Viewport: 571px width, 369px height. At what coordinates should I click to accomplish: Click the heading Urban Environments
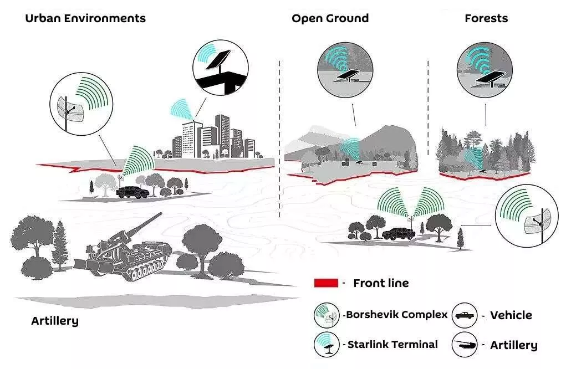click(x=85, y=18)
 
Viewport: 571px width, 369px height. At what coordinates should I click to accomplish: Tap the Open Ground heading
click(x=330, y=18)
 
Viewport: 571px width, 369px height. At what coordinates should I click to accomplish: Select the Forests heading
click(x=486, y=18)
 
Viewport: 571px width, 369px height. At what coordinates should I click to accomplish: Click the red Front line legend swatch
click(x=326, y=283)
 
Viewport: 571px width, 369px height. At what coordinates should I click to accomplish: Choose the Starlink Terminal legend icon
click(x=327, y=344)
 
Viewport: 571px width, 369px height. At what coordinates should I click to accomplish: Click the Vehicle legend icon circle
click(x=465, y=315)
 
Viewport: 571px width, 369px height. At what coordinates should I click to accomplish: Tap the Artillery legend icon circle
click(x=465, y=344)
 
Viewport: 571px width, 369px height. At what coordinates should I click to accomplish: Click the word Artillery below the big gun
click(x=55, y=321)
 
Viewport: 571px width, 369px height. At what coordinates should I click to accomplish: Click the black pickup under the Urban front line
click(x=132, y=192)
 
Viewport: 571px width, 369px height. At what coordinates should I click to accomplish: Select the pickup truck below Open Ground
click(x=399, y=234)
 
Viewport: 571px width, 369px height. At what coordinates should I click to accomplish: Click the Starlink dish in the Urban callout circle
click(x=218, y=60)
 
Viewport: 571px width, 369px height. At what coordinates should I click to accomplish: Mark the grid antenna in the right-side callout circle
click(x=538, y=222)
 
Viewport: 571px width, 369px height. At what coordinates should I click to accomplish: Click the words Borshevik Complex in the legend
click(x=396, y=315)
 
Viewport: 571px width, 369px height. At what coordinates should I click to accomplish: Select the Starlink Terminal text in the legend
click(x=392, y=344)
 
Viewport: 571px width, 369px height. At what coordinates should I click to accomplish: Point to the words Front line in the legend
click(x=381, y=283)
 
